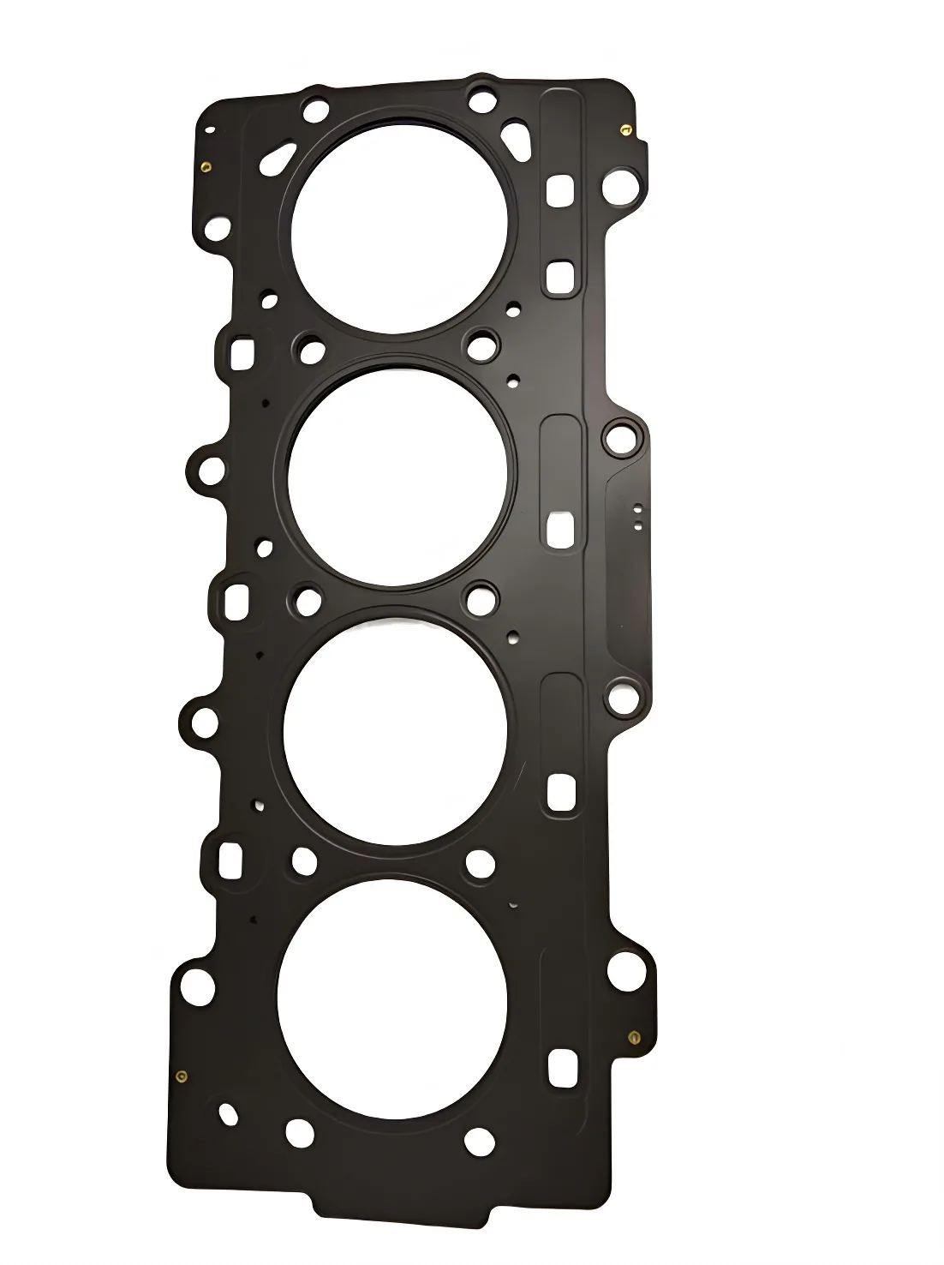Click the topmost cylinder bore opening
[x=405, y=225]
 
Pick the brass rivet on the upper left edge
[x=206, y=167]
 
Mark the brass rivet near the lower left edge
[x=180, y=1076]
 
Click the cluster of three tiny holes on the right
[x=638, y=514]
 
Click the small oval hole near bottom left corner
[x=227, y=1112]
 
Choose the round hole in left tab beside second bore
[x=210, y=470]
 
